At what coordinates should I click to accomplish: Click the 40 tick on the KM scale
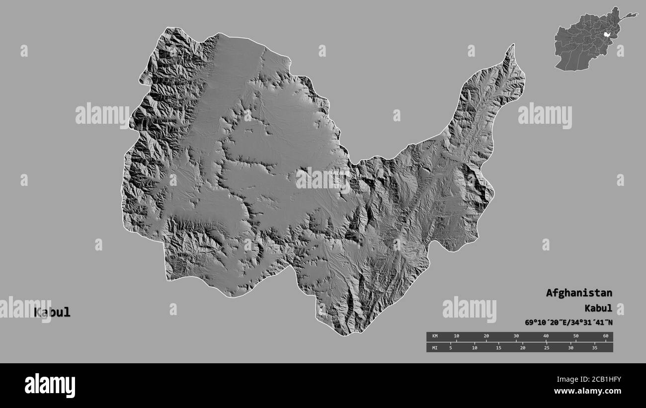click(546, 336)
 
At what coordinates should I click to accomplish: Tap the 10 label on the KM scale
click(457, 336)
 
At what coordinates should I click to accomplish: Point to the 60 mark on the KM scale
click(605, 336)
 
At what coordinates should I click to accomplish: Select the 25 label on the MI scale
click(546, 348)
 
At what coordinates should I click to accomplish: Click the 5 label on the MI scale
click(450, 348)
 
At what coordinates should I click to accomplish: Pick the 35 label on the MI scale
click(594, 348)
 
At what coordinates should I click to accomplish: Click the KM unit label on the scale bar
click(435, 336)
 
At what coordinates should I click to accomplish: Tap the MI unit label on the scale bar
click(435, 348)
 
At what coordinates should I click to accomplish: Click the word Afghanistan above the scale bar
click(579, 293)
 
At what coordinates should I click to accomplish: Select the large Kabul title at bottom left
click(52, 313)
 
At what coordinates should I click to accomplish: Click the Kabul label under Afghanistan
click(598, 308)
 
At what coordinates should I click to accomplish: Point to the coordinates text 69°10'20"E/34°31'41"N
click(568, 323)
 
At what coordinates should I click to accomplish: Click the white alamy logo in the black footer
click(50, 386)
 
